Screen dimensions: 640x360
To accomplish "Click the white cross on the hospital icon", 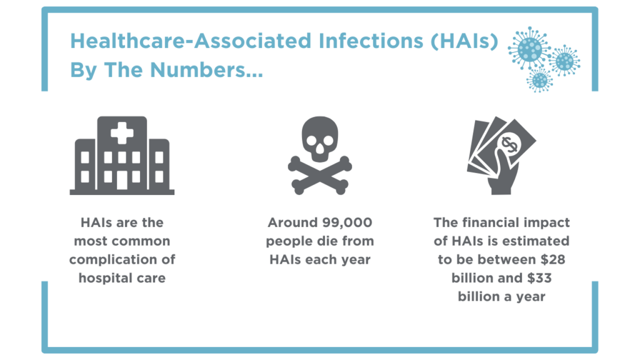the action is (122, 133).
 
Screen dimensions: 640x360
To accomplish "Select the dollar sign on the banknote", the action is (509, 144).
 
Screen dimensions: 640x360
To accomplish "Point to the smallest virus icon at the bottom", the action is (539, 80).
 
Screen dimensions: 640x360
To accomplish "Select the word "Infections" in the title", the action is (371, 41).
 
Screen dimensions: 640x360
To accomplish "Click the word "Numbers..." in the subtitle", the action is (206, 70).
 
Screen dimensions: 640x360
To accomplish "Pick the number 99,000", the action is (347, 223).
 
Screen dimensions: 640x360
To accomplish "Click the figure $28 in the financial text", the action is (552, 259).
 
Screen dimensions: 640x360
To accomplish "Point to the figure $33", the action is (539, 278).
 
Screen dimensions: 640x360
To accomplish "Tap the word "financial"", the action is (495, 223).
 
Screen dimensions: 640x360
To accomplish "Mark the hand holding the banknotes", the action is (502, 171).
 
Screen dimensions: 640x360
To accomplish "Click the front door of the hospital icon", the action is (122, 180).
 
